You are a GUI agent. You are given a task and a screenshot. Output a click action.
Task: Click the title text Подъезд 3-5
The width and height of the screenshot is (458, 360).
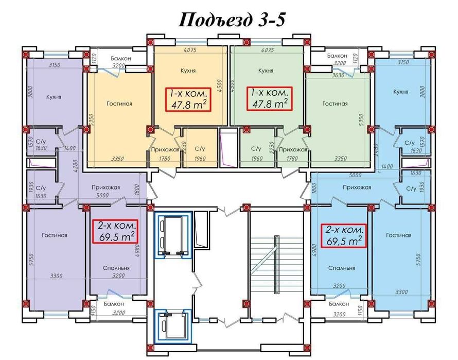tap(232, 20)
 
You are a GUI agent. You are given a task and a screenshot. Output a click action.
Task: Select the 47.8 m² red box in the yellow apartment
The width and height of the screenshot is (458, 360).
tap(188, 99)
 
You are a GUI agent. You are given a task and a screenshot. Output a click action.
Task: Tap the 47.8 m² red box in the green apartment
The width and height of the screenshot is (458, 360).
tap(270, 98)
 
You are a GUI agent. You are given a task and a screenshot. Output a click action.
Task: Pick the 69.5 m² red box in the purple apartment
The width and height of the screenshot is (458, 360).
tap(115, 232)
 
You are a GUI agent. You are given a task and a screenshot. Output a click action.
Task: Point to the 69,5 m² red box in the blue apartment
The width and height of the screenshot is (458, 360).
tap(344, 236)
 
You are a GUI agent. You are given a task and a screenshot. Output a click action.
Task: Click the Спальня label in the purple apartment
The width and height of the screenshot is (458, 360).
tap(116, 268)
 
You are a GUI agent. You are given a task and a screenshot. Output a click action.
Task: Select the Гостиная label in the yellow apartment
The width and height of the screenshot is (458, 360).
tap(119, 104)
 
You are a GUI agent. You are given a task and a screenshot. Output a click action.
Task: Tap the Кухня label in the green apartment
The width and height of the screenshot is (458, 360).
tap(266, 71)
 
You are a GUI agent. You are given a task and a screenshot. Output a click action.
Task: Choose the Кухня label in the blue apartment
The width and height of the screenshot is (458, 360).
tap(400, 92)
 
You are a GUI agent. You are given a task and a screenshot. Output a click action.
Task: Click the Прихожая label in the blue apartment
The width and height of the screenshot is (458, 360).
tap(357, 187)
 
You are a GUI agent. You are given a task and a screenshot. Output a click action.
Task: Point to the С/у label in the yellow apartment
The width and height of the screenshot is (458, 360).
tap(200, 149)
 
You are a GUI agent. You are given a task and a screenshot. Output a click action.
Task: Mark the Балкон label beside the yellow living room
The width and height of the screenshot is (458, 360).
tap(121, 58)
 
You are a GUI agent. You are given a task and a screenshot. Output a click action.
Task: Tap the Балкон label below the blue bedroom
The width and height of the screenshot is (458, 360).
tap(339, 304)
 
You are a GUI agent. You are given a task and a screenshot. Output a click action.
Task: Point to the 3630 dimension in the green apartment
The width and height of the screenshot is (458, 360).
tap(338, 75)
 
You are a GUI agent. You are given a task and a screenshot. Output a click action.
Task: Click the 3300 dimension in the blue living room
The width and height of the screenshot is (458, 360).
tap(401, 292)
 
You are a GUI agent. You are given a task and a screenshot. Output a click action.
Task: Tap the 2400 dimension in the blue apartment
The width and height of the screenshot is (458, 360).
tap(377, 150)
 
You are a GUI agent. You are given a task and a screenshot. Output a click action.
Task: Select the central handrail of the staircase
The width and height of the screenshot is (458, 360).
tap(276, 265)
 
